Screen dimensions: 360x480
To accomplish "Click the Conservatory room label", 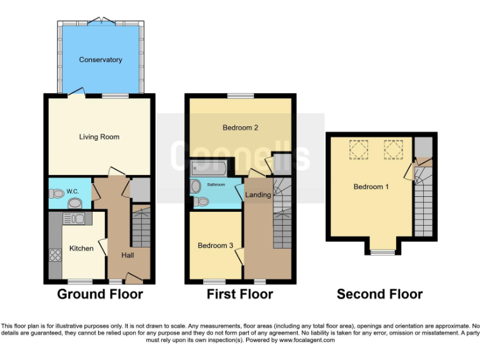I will point(100,60).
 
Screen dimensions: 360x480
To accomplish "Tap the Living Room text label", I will point(99,137).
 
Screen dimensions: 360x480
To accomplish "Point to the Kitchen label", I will point(81,248).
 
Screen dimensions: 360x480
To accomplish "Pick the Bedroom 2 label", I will point(241,128).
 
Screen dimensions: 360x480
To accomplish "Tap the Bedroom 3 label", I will point(216,246).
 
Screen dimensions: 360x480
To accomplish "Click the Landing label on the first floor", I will point(258,195).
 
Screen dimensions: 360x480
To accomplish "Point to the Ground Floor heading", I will point(100,294).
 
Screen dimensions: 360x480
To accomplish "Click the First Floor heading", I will point(240,294).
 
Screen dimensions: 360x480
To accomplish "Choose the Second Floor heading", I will point(379,294).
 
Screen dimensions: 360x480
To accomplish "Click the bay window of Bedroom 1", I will point(381,252).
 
